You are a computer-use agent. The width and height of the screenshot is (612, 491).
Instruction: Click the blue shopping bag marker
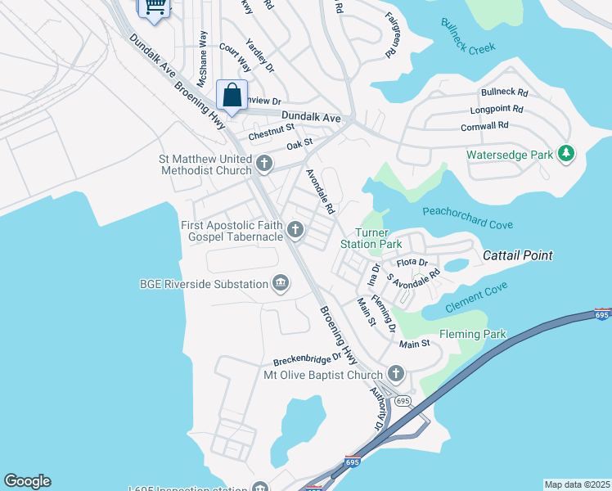pos(232,94)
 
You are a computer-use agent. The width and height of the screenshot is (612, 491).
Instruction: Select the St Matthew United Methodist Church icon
pos(263,164)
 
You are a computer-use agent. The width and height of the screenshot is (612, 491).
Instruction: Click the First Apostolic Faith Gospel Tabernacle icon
pos(295,228)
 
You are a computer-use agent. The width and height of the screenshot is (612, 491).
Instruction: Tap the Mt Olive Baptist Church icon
pos(396,375)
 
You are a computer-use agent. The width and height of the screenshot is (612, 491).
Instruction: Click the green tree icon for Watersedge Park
pos(565,154)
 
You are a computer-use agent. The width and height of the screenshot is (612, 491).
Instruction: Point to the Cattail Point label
pos(517,255)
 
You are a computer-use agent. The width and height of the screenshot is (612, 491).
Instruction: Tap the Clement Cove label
pos(476,297)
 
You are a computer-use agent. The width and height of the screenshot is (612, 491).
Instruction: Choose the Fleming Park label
pos(472,334)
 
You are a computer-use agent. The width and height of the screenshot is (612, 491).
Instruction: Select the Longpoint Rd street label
pos(496,109)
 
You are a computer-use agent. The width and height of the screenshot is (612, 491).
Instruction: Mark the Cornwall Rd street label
pos(484,125)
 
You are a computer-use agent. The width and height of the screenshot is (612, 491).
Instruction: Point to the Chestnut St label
pos(271,131)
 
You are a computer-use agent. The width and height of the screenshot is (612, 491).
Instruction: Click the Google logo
pos(27,481)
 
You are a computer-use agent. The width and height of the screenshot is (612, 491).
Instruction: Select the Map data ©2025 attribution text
pos(576,484)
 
